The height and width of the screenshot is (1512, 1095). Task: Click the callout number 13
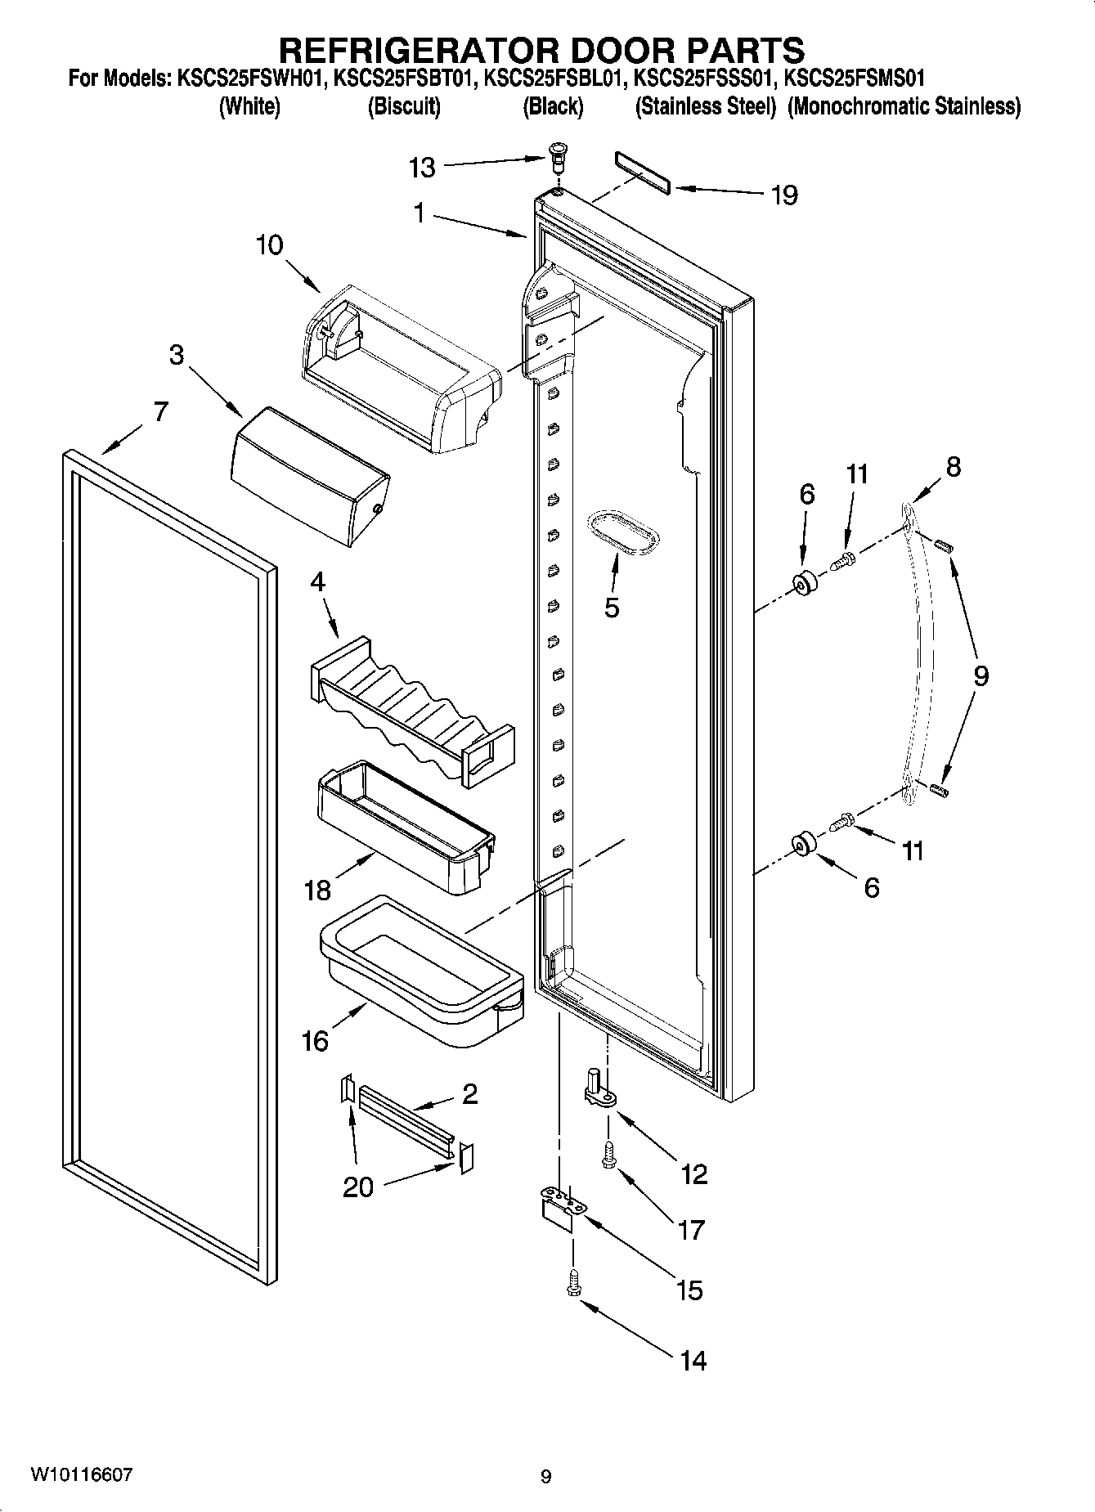pos(422,168)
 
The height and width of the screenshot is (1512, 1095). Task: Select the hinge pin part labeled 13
pos(558,154)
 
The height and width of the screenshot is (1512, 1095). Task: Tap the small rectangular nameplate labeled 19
pos(642,173)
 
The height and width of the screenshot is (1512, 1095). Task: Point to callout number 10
pos(269,245)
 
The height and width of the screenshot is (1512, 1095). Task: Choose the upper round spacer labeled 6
pos(806,584)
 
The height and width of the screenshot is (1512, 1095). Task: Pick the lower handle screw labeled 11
pos(842,821)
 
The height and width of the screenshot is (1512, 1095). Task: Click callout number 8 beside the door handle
pos(953,467)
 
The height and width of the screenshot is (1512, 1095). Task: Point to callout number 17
pos(690,1230)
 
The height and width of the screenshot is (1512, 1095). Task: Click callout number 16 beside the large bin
pos(315,1041)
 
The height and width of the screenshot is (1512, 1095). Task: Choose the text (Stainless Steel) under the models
pos(705,107)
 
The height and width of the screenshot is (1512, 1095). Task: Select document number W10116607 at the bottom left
pos(80,1474)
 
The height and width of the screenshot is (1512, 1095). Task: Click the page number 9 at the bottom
pos(546,1477)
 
